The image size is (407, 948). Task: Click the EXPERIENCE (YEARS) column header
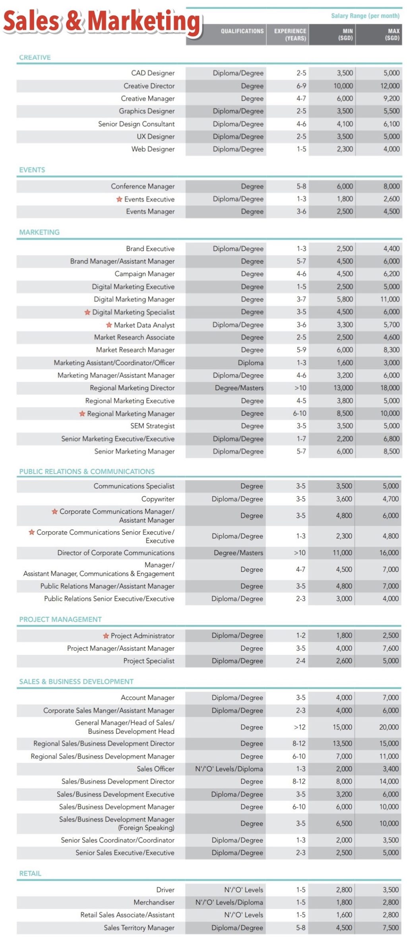[x=290, y=35]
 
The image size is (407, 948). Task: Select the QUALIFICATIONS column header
[x=242, y=31]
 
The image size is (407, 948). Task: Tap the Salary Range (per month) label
[x=365, y=16]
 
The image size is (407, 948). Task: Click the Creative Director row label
[x=149, y=86]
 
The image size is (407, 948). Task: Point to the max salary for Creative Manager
[x=391, y=99]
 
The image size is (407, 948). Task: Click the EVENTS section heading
[x=32, y=170]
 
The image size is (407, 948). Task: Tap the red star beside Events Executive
[x=119, y=199]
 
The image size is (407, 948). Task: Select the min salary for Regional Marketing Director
[x=343, y=388]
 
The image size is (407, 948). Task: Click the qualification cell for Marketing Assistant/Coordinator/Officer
[x=250, y=363]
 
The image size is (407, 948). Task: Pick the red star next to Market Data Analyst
[x=109, y=325]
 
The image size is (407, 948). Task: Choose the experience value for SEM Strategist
[x=301, y=426]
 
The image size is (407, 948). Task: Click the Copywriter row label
[x=158, y=499]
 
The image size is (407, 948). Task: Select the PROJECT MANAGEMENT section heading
[x=60, y=619]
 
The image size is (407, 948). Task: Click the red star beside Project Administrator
[x=106, y=636]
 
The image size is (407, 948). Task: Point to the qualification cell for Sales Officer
[x=229, y=769]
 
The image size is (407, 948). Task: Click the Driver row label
[x=165, y=890]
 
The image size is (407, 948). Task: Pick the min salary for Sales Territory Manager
[x=344, y=928]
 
